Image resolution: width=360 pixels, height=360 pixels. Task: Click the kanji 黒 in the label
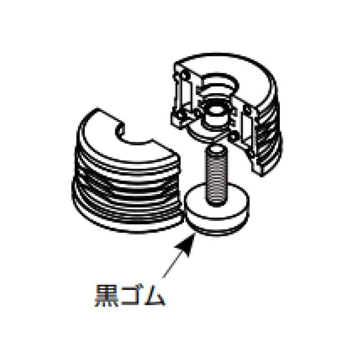pyautogui.click(x=107, y=296)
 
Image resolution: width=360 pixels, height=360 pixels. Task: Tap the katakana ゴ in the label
pyautogui.click(x=131, y=295)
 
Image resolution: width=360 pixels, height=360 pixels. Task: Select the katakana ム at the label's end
pyautogui.click(x=154, y=296)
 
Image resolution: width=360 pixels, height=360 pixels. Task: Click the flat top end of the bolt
pyautogui.click(x=216, y=150)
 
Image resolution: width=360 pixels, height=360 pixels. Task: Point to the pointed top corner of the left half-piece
pyautogui.click(x=98, y=108)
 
